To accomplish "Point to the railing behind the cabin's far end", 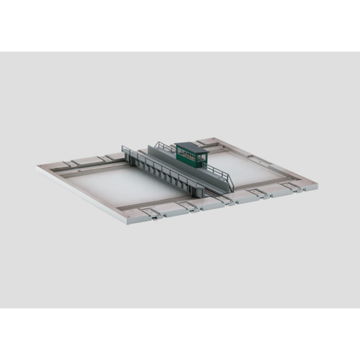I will [163, 146].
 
